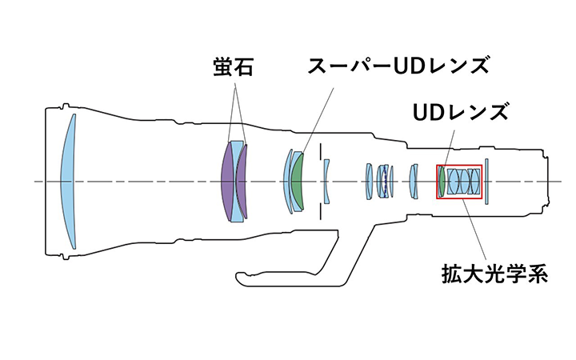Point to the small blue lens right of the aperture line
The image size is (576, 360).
click(x=326, y=181)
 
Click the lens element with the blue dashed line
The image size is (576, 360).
click(x=385, y=181)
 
